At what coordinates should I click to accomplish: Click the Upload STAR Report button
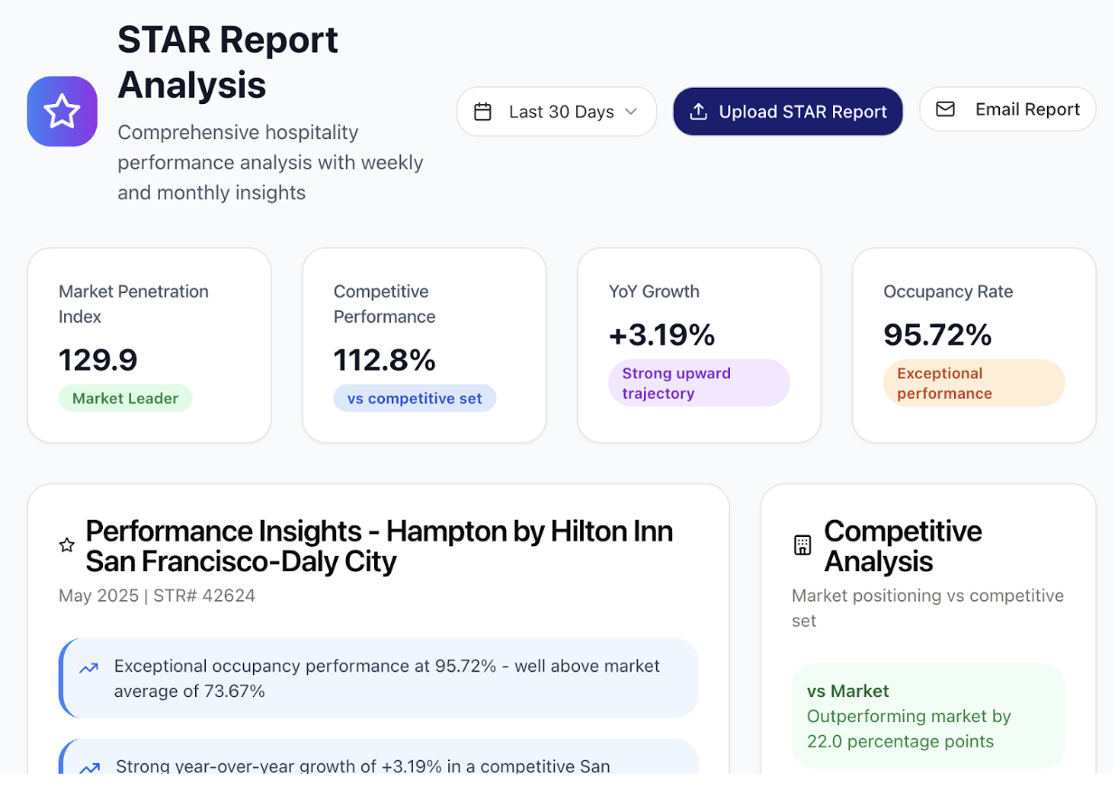788,112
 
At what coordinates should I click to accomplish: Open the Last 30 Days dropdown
556,112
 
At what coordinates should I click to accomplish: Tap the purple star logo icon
62,112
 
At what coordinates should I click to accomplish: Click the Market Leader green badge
126,399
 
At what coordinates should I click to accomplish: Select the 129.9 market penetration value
98,360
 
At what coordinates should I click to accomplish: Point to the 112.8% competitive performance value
385,360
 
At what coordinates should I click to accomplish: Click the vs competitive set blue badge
415,399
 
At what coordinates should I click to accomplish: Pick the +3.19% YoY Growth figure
662,334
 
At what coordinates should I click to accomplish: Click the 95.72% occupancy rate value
938,334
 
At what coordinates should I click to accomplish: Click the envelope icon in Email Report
945,109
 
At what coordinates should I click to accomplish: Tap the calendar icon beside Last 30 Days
483,112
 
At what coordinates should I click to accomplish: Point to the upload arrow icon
698,112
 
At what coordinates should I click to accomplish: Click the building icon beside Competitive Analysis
802,545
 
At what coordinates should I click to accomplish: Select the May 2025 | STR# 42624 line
157,596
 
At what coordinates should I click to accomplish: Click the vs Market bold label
848,691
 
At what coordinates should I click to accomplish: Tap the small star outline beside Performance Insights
67,545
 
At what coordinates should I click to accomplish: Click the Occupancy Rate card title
948,292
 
